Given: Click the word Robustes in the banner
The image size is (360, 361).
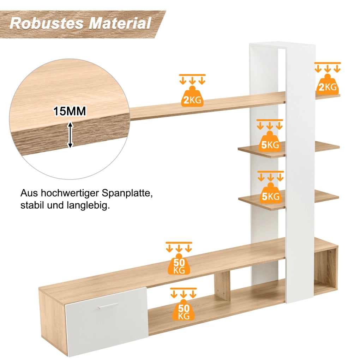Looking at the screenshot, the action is click(x=47, y=23).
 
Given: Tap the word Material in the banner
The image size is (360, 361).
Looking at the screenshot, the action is click(x=120, y=23).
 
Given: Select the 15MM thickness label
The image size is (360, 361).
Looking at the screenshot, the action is click(x=70, y=111).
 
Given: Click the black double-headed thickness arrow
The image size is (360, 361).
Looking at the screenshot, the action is click(x=70, y=135).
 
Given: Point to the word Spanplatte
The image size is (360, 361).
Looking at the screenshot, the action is click(x=127, y=194).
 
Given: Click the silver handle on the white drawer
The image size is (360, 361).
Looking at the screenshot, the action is click(x=108, y=306).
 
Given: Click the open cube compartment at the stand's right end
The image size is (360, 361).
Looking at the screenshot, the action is click(x=325, y=270).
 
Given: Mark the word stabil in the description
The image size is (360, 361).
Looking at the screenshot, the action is click(x=32, y=206).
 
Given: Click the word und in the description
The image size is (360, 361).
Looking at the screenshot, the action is click(x=55, y=206).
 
